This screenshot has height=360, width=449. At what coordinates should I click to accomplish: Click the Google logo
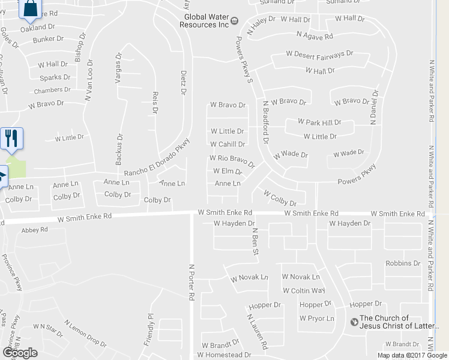click(20, 353)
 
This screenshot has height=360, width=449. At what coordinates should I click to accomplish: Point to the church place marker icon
click(354, 321)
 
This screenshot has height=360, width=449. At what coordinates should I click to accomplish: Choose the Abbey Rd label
click(34, 230)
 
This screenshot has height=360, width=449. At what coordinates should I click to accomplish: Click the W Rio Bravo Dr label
click(232, 160)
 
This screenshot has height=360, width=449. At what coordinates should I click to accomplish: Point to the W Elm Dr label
click(228, 172)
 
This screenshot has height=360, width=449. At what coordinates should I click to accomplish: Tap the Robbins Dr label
click(403, 263)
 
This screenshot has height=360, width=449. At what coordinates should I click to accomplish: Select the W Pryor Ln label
click(317, 318)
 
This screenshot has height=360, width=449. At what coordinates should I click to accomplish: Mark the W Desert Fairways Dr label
click(319, 54)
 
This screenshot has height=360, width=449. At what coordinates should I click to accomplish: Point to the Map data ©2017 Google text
click(412, 355)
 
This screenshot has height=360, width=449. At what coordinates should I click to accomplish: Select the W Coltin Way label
click(304, 290)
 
